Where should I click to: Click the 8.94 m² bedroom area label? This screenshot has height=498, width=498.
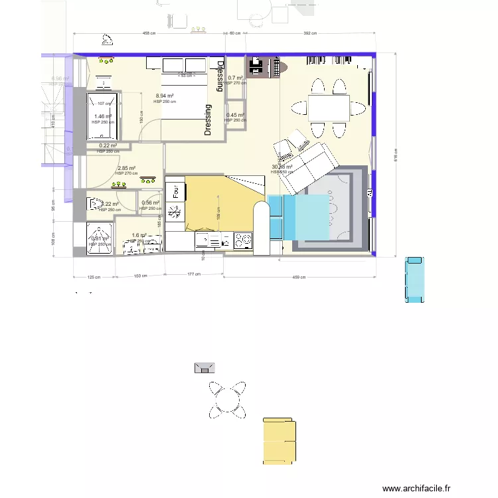[x=165, y=96]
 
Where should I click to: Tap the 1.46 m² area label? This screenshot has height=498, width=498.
[x=103, y=116]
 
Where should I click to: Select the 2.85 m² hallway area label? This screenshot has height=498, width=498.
[x=126, y=169]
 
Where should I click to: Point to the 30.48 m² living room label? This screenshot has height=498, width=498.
[x=282, y=167]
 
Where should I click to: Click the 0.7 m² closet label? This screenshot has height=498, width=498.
[x=235, y=78]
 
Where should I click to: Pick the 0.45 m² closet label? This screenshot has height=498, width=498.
[x=235, y=116]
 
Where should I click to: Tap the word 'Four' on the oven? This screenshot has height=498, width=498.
[x=176, y=193]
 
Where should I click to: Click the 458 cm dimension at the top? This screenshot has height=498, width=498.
[x=149, y=33]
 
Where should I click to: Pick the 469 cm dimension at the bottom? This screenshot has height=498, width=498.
[x=298, y=277]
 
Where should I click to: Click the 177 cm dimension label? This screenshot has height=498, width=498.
[x=193, y=274]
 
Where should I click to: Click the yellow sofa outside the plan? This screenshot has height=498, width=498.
[x=279, y=441]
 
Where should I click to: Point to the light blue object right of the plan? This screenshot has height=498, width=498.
[x=416, y=279]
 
